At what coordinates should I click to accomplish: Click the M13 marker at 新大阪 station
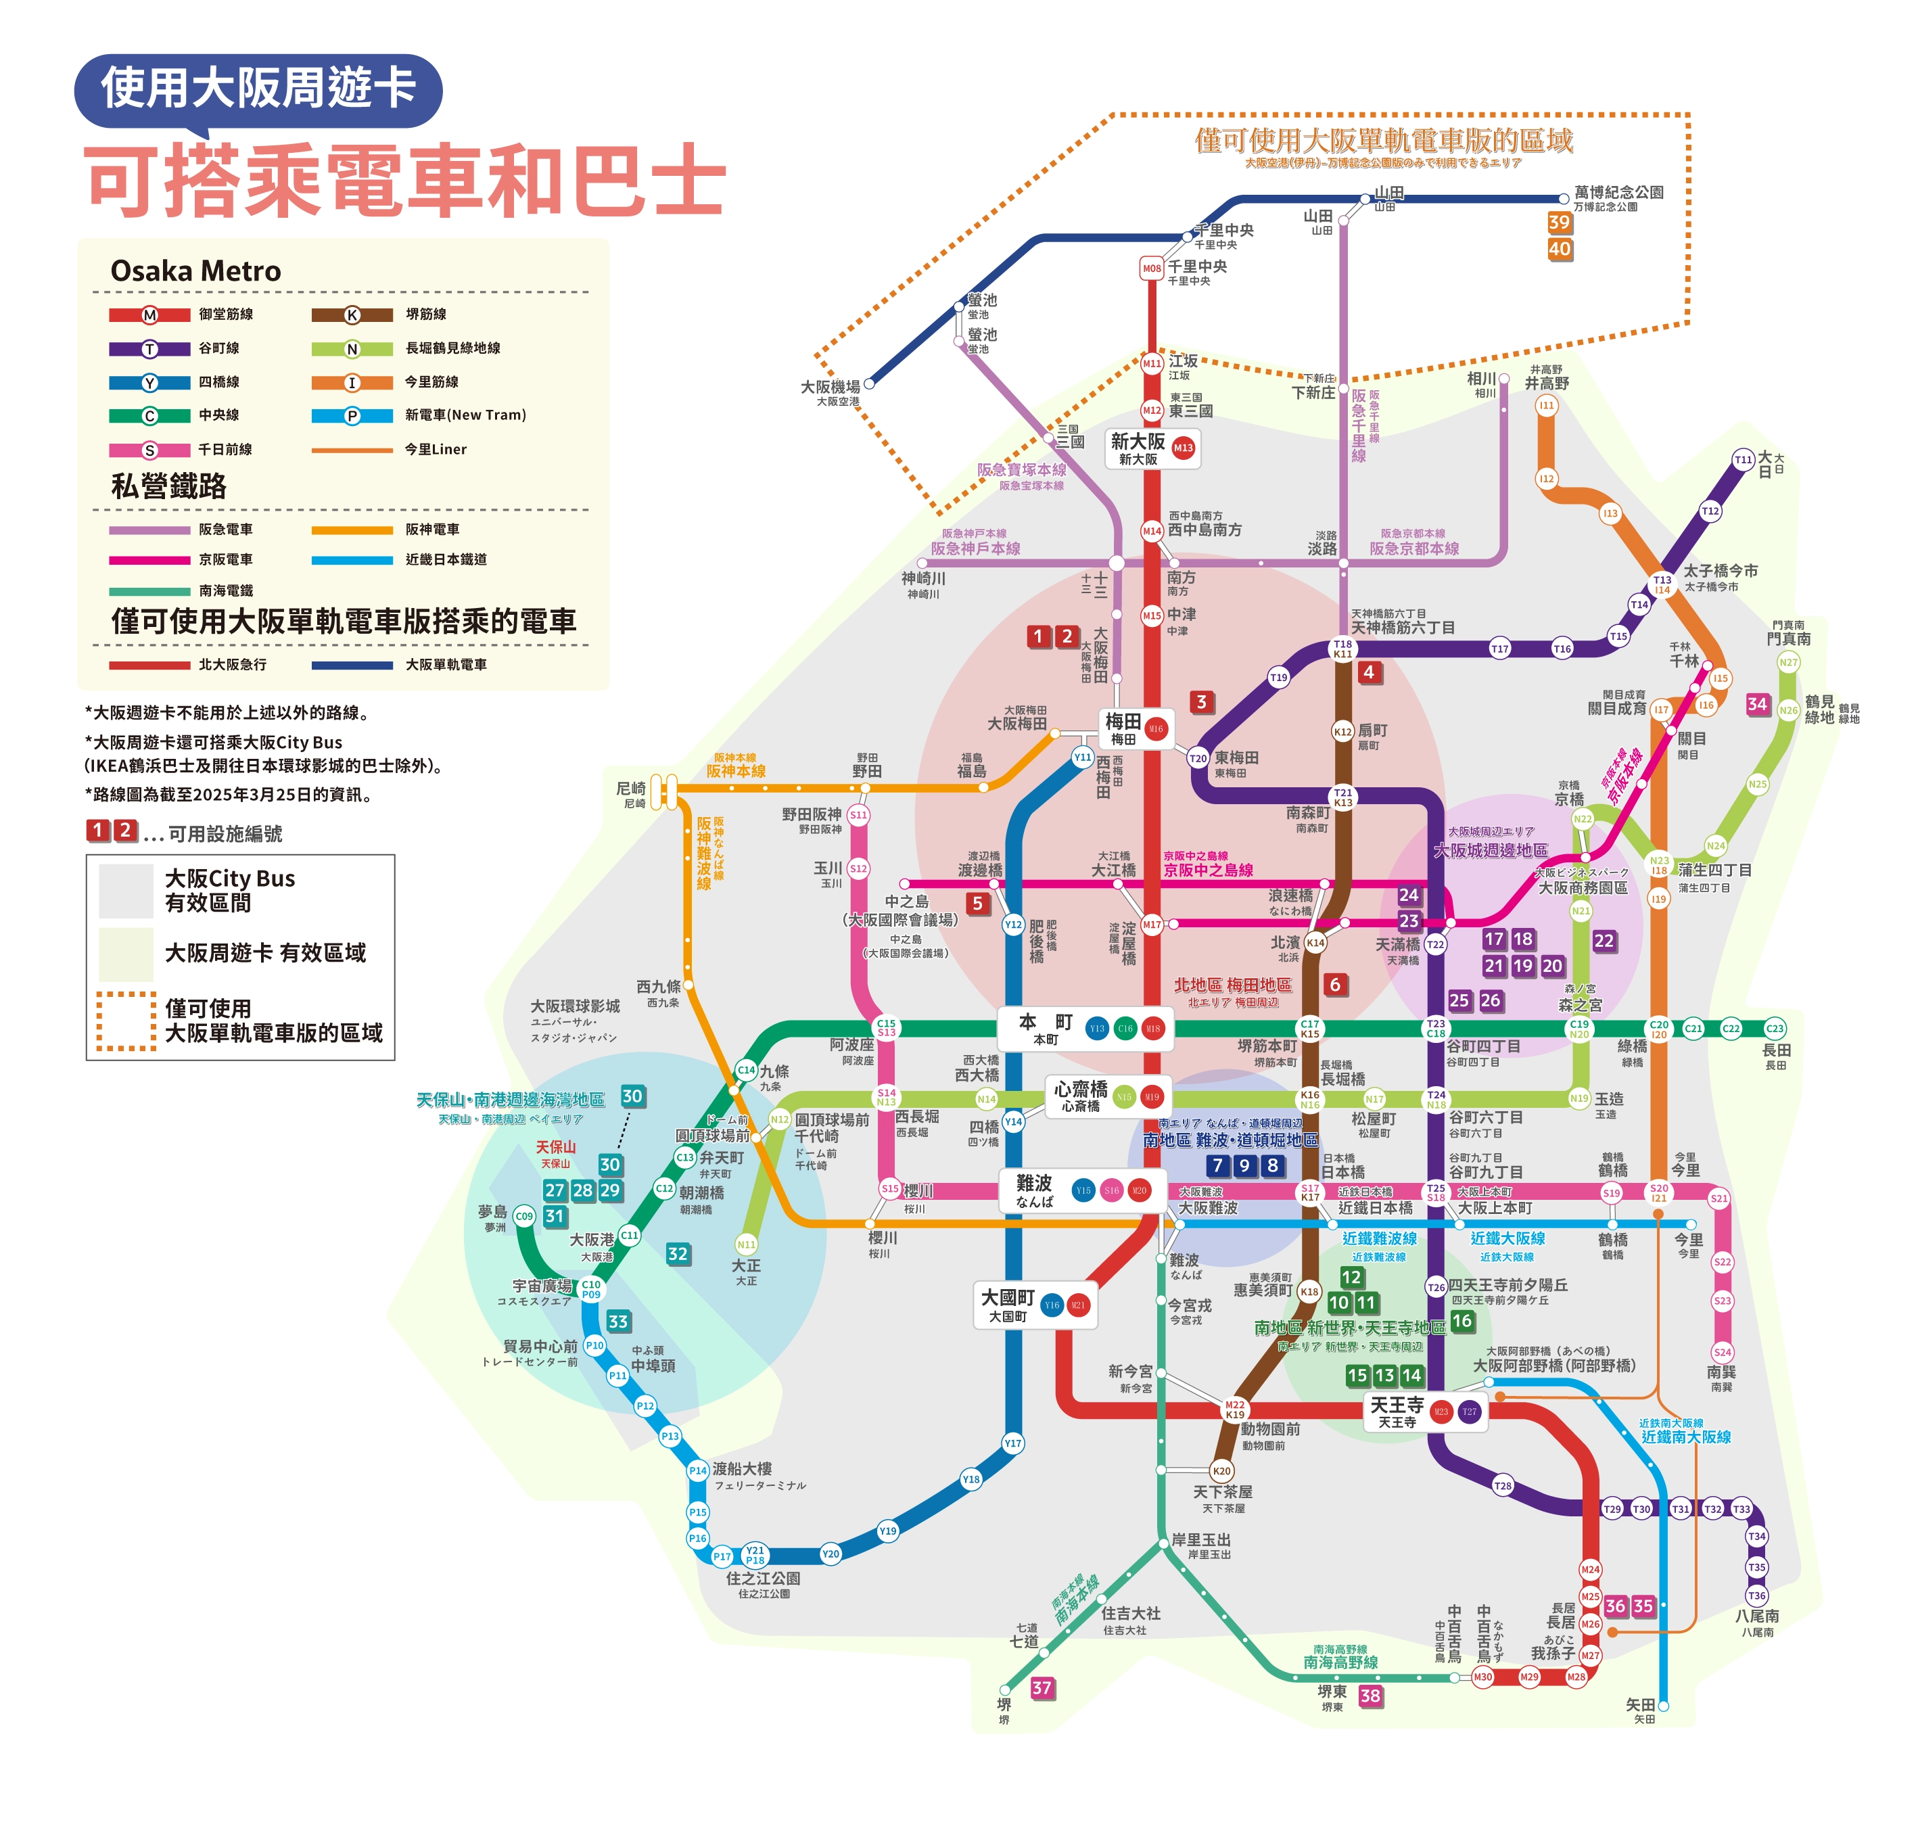1183,448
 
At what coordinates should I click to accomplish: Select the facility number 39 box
1559,222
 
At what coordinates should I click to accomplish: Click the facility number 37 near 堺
1042,1687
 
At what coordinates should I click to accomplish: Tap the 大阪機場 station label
831,388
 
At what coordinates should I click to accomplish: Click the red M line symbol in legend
149,315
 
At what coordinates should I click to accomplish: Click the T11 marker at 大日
1743,459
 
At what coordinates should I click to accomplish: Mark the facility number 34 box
1758,703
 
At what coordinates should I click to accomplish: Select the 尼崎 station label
631,789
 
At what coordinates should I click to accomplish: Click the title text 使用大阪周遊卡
258,88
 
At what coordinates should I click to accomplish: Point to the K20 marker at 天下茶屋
1221,1471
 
